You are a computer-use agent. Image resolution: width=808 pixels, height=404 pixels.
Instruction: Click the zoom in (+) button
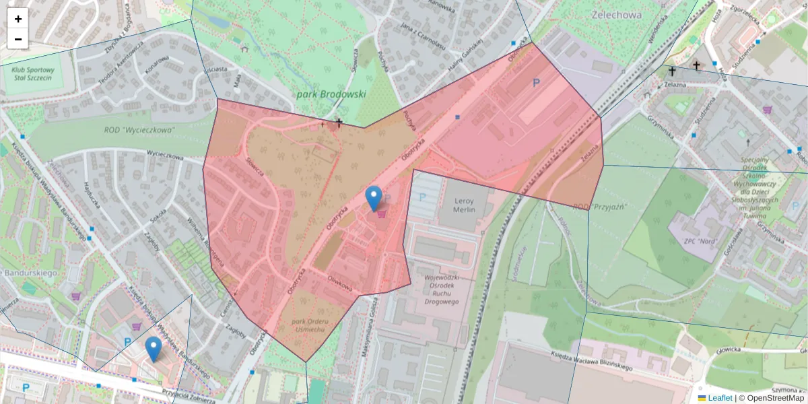pos(18,19)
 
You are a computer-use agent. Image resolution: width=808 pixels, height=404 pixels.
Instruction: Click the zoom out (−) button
pos(18,39)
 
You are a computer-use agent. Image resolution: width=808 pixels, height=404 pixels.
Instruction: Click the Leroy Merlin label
pos(457,205)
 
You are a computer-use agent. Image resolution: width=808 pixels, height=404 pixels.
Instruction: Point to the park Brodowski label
pos(331,95)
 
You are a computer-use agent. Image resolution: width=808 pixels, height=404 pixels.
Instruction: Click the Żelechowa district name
pos(616,14)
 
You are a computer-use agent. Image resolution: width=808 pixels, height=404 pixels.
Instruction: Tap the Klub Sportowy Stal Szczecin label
pos(32,73)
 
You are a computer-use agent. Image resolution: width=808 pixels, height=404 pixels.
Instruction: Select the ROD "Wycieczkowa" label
pos(139,130)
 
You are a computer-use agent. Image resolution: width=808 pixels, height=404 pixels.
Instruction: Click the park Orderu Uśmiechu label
pos(309,325)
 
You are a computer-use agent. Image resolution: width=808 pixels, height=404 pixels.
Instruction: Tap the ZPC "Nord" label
pos(700,240)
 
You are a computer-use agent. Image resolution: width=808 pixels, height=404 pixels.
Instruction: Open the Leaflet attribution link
pos(719,398)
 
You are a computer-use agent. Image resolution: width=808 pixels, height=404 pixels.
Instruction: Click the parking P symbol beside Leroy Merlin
pos(423,197)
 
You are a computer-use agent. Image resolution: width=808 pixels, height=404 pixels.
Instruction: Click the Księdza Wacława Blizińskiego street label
pos(591,364)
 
